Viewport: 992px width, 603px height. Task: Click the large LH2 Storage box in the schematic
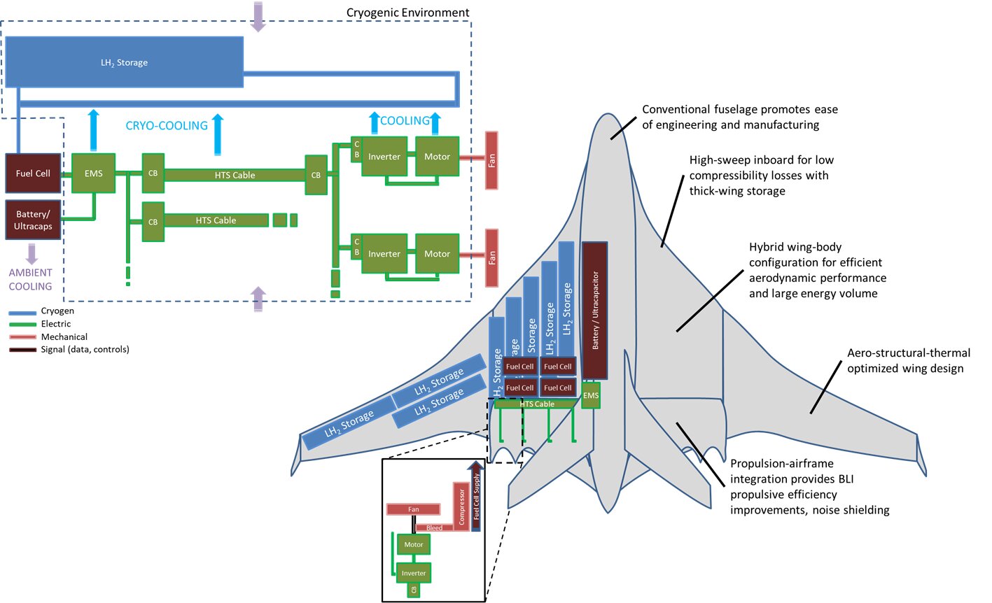pyautogui.click(x=124, y=62)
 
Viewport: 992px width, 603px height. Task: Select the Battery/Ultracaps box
pyautogui.click(x=33, y=220)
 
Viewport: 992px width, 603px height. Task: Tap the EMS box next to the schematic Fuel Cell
pyautogui.click(x=93, y=173)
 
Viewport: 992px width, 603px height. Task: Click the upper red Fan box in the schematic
pyautogui.click(x=491, y=160)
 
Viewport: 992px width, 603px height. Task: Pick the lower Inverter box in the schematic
pyautogui.click(x=384, y=253)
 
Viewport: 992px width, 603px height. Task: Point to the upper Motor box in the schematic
pyautogui.click(x=437, y=156)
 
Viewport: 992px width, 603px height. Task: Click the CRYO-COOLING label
pyautogui.click(x=167, y=126)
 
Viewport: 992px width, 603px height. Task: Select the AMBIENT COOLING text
pyautogui.click(x=30, y=279)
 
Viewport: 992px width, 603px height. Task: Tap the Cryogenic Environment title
pyautogui.click(x=407, y=13)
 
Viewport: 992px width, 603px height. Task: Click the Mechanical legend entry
pyautogui.click(x=64, y=336)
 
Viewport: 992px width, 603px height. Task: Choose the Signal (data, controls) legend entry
pyautogui.click(x=85, y=349)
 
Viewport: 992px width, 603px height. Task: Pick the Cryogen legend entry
pyautogui.click(x=57, y=311)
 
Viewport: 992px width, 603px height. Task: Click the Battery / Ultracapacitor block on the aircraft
pyautogui.click(x=595, y=311)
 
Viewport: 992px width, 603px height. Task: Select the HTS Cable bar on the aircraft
pyautogui.click(x=536, y=404)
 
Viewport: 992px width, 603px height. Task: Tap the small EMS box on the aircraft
pyautogui.click(x=591, y=395)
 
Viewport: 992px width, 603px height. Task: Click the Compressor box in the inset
pyautogui.click(x=461, y=506)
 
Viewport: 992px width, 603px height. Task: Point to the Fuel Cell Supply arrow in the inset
pyautogui.click(x=476, y=497)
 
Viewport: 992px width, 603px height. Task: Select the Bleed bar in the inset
pyautogui.click(x=435, y=527)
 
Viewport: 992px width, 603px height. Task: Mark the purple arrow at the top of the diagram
pyautogui.click(x=259, y=17)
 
